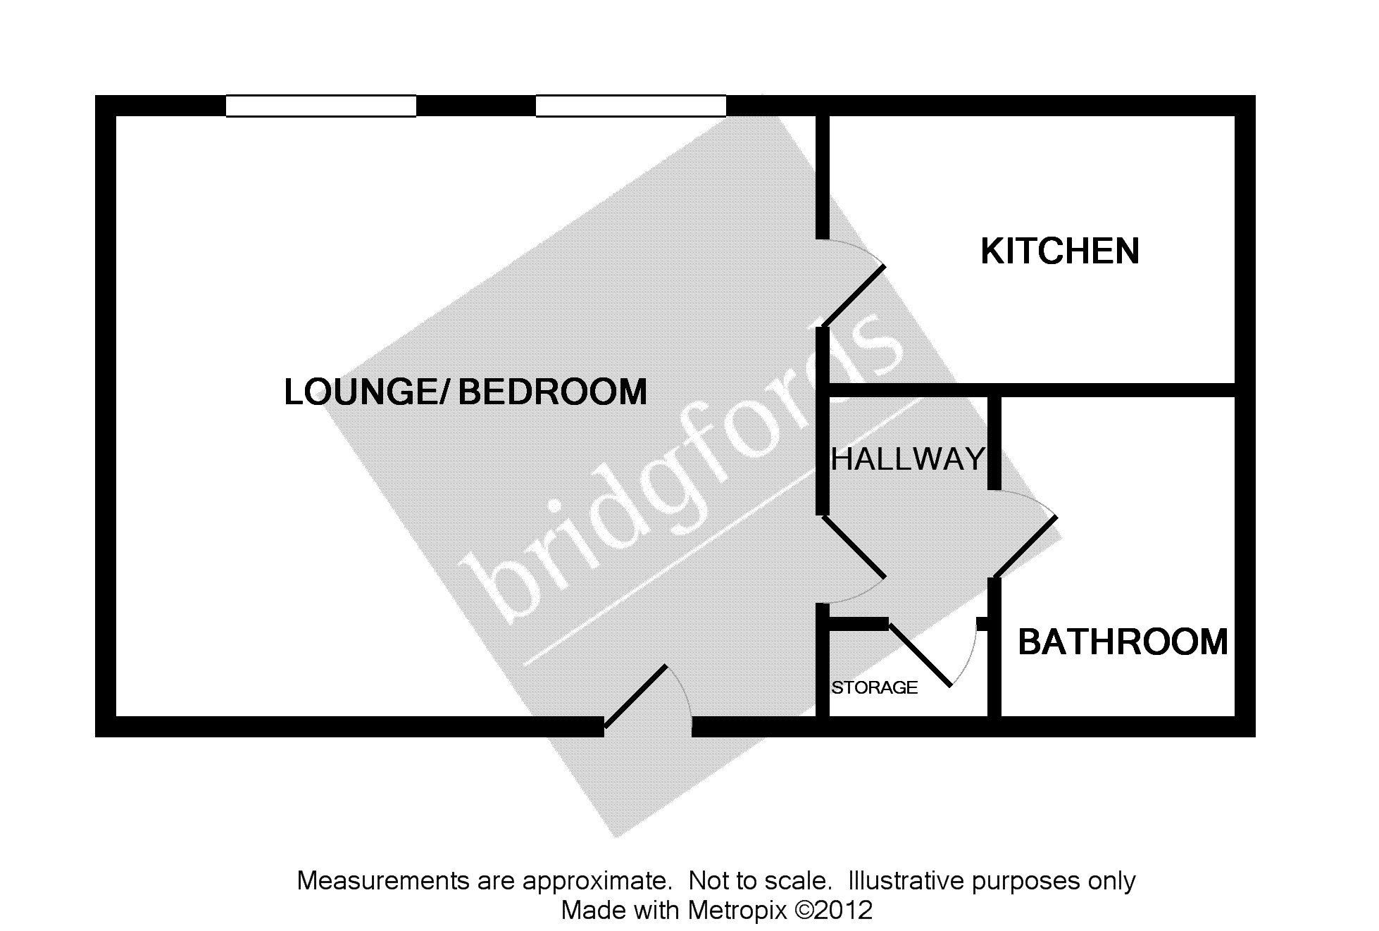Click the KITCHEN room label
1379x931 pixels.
point(1059,251)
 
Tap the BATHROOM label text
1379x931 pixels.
point(1123,642)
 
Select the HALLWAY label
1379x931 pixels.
point(908,460)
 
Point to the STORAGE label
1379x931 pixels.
point(874,687)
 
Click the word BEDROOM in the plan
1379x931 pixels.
point(553,392)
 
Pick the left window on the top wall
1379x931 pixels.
point(320,106)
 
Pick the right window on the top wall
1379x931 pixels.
point(630,106)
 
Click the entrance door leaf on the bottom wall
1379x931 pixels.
point(635,696)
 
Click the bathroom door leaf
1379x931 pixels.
point(1025,546)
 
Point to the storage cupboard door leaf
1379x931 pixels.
point(920,654)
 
